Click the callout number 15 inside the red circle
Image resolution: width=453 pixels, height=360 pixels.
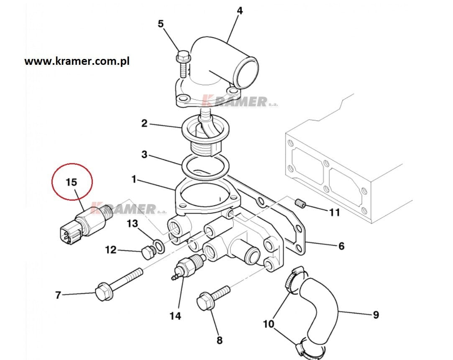tap(72, 182)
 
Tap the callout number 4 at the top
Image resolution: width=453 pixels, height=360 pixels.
tap(240, 10)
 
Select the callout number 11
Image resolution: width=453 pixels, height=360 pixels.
tap(335, 212)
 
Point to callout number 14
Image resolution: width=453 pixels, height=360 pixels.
tap(175, 316)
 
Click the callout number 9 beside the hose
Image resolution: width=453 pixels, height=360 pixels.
tap(375, 314)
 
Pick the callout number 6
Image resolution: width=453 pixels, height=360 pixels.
tap(341, 246)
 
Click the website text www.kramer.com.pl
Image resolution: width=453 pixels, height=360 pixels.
tap(77, 61)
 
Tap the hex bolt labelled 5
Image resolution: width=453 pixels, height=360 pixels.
tap(183, 63)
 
